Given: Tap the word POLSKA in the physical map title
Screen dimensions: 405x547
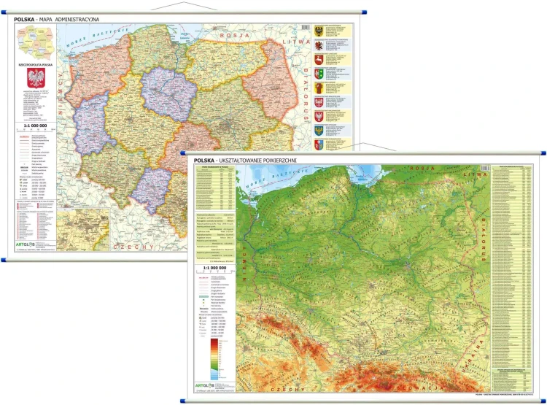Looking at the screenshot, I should coord(205,160).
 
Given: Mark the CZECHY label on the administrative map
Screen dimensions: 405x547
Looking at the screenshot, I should coord(133,247).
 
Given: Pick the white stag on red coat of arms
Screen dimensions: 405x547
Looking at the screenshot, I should coord(319,58).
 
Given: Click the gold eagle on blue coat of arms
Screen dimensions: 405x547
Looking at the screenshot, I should coord(319,131).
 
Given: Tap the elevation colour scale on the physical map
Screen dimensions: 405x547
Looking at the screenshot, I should coord(214,358).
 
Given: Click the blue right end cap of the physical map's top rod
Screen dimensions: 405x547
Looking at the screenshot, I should coord(541,154).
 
